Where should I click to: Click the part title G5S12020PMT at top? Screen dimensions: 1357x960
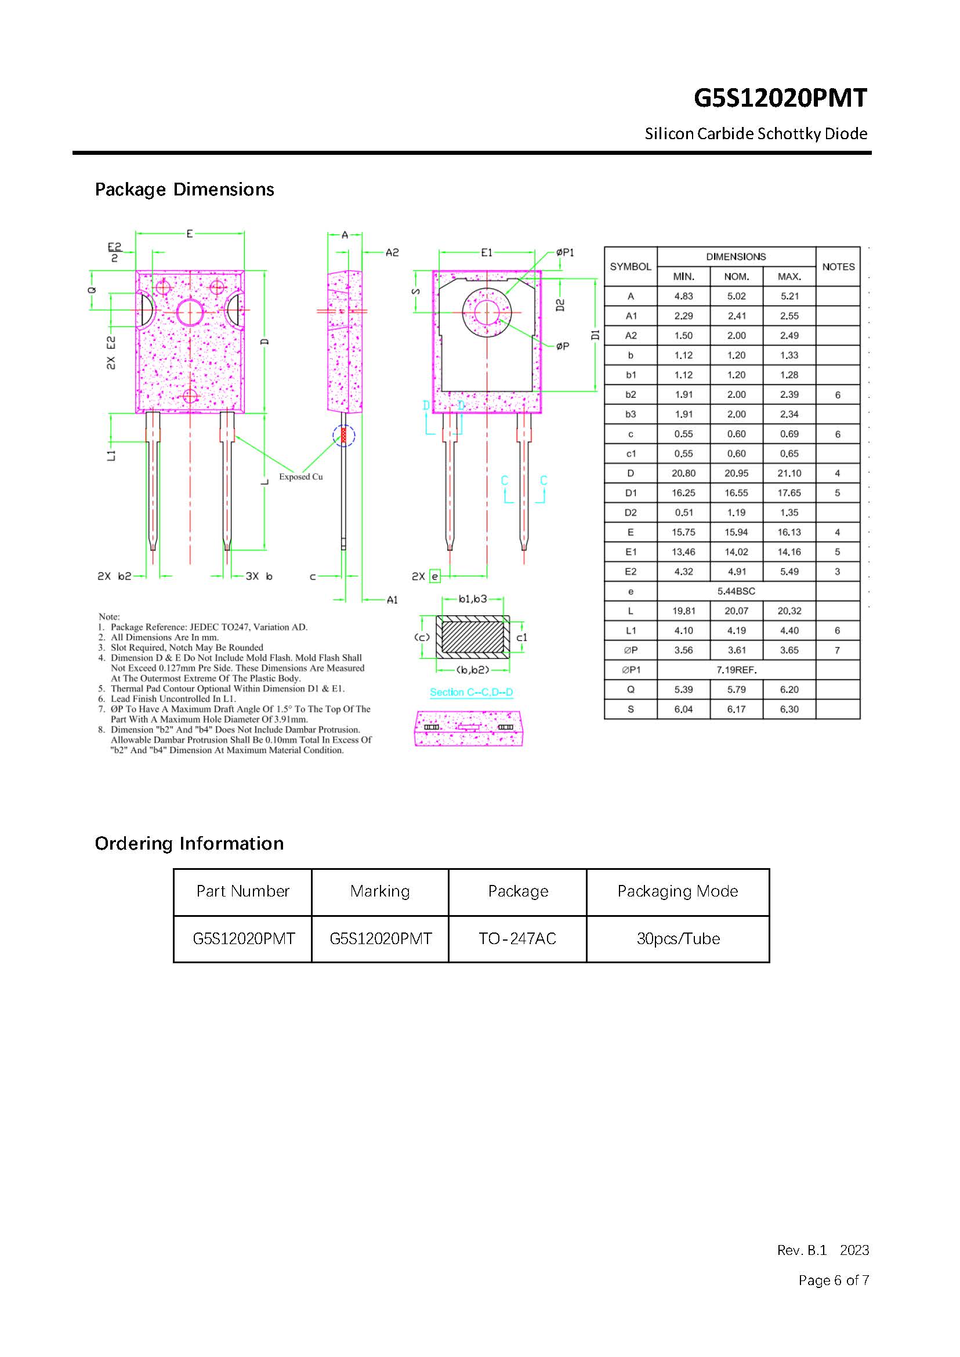[780, 98]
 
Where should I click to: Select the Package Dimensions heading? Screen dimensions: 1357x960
[184, 190]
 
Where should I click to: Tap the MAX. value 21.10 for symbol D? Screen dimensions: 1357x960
[789, 473]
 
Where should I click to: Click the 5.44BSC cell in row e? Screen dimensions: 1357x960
[736, 591]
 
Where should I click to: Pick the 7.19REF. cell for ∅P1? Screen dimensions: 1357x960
[736, 670]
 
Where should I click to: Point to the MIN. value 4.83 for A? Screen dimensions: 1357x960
[683, 296]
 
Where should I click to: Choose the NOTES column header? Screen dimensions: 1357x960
[838, 267]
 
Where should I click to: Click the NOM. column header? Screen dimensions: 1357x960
[736, 277]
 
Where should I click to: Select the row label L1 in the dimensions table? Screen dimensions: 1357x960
[631, 630]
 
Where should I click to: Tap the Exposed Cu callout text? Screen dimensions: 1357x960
[301, 477]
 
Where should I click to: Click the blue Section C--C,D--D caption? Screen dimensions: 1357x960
[471, 692]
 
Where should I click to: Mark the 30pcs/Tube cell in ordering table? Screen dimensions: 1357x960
[678, 938]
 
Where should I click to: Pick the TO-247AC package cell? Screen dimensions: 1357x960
[517, 938]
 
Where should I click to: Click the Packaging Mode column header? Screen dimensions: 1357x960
[678, 891]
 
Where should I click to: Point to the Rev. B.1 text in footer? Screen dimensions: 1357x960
[802, 1250]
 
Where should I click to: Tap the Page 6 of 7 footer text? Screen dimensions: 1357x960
[834, 1280]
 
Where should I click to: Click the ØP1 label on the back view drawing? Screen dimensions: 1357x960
[565, 252]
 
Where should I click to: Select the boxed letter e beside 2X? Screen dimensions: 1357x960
[435, 576]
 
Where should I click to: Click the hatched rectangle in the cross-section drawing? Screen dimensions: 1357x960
[472, 637]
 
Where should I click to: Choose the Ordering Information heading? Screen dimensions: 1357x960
[189, 843]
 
